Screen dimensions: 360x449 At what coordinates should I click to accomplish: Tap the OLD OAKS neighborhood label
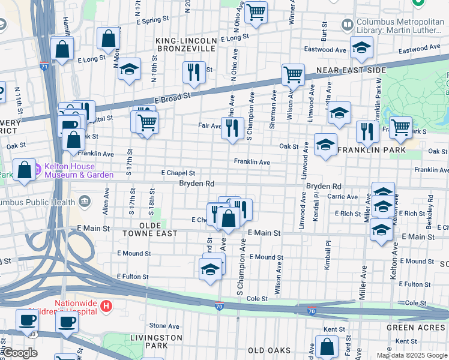tap(269, 350)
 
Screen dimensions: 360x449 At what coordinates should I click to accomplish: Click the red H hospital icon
tap(106, 307)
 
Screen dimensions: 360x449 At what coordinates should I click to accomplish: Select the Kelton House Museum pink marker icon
tap(34, 168)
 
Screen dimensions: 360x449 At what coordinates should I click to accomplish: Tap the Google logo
tap(19, 353)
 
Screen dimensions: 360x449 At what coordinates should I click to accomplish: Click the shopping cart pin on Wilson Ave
tap(292, 76)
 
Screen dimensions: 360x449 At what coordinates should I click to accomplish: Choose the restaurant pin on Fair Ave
tap(232, 127)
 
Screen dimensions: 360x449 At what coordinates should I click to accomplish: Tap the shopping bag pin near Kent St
tap(327, 346)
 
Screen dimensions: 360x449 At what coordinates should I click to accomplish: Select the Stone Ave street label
tap(164, 325)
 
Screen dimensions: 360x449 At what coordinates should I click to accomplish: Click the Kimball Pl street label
tap(328, 256)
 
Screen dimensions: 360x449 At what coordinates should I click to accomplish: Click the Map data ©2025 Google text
tap(411, 355)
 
